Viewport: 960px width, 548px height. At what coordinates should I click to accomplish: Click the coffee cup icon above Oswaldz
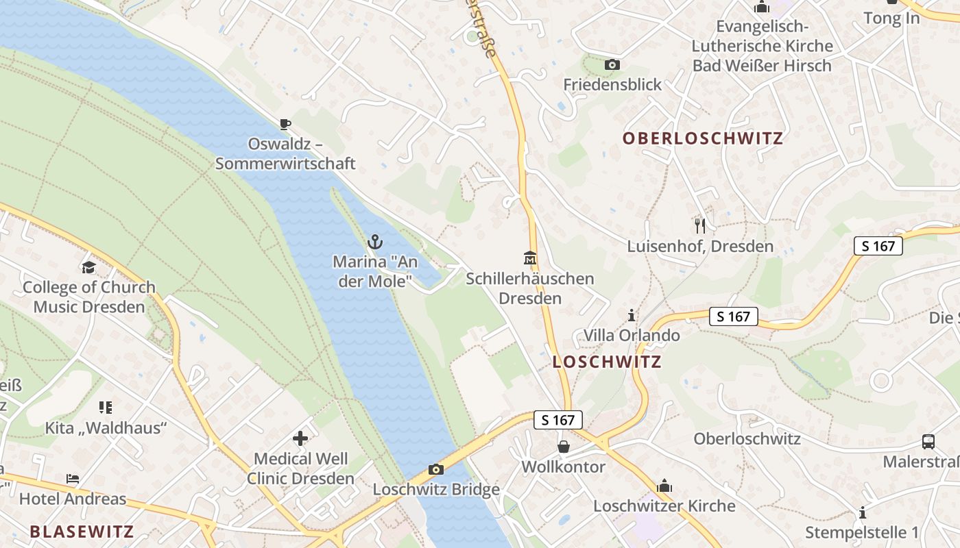point(285,124)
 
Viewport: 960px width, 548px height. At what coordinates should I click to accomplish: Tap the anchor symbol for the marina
point(374,241)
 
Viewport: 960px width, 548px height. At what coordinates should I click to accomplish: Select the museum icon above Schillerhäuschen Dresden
point(530,258)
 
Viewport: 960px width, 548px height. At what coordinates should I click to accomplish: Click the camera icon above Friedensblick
point(612,65)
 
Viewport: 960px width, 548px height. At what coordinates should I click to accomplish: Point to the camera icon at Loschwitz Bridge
point(435,469)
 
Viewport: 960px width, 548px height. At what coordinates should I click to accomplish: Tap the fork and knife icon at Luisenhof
point(700,225)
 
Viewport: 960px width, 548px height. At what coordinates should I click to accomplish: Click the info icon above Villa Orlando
point(632,315)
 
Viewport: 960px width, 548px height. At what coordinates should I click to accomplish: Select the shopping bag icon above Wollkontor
point(563,447)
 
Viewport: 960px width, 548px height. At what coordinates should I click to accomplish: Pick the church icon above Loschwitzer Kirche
point(664,486)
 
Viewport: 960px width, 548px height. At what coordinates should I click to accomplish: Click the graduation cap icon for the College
point(88,267)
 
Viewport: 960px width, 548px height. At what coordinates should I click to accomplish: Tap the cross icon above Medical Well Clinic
point(300,438)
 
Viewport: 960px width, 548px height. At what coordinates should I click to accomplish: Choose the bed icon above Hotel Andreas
point(73,478)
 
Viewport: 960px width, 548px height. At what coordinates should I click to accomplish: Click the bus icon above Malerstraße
point(928,442)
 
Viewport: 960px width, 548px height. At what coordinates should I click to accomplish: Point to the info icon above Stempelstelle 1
point(862,512)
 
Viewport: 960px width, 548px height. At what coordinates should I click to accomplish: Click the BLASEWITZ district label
point(82,531)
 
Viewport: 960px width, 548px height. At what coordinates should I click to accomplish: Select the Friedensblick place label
point(612,84)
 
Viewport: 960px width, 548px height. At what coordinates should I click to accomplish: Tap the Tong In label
point(891,18)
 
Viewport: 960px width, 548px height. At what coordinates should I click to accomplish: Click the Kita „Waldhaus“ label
point(106,428)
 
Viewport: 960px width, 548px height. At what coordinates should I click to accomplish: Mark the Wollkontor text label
point(563,466)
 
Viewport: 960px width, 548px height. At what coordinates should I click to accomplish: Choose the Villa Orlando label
point(632,335)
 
